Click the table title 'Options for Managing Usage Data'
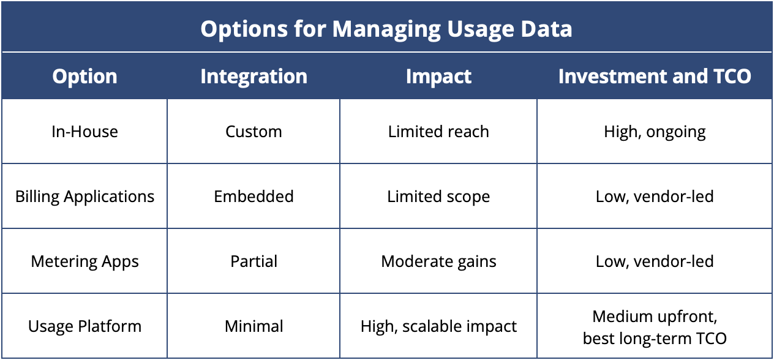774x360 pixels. coord(386,29)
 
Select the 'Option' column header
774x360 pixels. coord(85,77)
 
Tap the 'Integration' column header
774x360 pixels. coord(254,77)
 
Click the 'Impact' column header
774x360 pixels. coord(438,77)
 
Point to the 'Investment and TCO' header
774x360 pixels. coord(655,77)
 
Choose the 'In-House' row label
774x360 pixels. coord(85,132)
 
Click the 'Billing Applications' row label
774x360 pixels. coord(85,197)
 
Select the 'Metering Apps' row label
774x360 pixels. coord(85,261)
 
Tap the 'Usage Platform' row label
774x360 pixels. coord(85,326)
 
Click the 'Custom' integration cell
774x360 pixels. coord(254,132)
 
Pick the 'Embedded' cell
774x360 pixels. coord(254,197)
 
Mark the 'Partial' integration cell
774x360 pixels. coord(254,261)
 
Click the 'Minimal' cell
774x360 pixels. coord(254,326)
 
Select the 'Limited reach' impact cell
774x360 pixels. coord(438,132)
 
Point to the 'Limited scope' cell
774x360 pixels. coord(438,197)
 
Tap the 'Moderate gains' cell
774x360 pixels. coord(438,261)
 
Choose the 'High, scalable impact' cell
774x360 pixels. coord(438,326)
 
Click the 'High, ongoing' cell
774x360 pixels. coord(655,132)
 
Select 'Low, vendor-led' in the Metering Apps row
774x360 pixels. coord(655,261)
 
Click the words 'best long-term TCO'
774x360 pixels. coord(655,338)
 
